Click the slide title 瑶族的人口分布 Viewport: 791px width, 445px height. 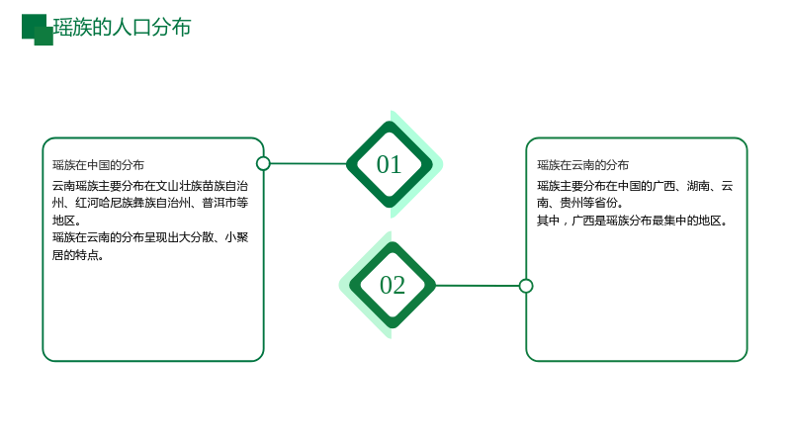(x=122, y=28)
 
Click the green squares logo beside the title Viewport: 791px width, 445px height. (x=38, y=30)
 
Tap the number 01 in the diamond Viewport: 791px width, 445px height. (x=389, y=164)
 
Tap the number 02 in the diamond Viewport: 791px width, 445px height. (x=392, y=285)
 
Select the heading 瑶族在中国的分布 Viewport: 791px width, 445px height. (x=98, y=165)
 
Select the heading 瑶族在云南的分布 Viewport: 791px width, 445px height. (x=582, y=165)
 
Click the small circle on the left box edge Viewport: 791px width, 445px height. (x=263, y=163)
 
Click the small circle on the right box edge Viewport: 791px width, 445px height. (x=526, y=286)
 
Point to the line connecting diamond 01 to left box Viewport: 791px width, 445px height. (x=308, y=163)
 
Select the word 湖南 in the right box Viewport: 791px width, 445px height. (x=698, y=186)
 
